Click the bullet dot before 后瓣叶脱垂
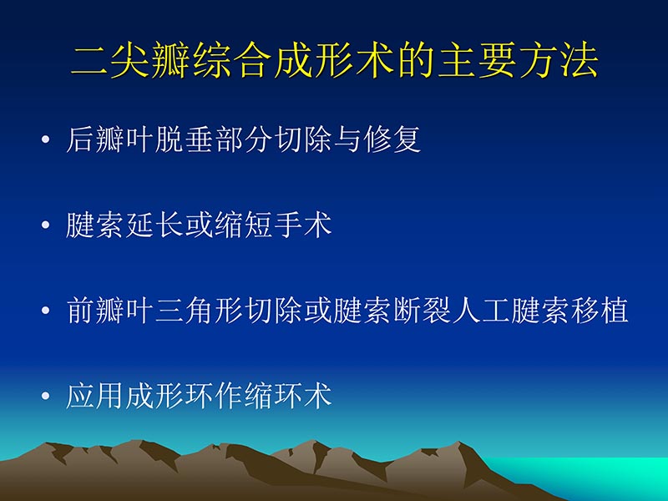[45, 141]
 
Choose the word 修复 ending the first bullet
[391, 140]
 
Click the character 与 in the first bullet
[347, 140]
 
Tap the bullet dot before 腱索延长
[45, 226]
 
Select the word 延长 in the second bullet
[154, 225]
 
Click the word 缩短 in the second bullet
[243, 225]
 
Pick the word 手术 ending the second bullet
[302, 225]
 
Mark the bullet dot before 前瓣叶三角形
[45, 311]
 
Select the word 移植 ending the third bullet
[599, 311]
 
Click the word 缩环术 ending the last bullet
[287, 396]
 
